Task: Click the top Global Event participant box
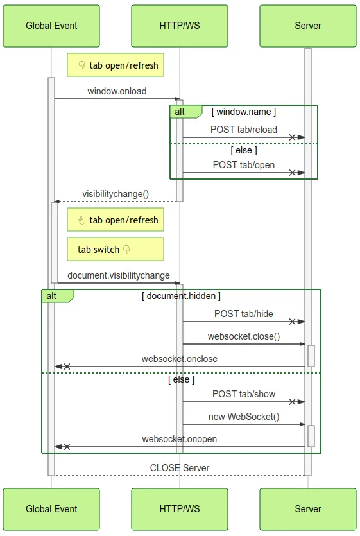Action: (51, 26)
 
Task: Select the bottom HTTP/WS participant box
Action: (180, 509)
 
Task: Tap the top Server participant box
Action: (307, 26)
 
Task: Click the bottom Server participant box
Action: (307, 509)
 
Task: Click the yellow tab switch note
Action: (116, 249)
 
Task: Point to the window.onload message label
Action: (117, 91)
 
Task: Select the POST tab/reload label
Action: (244, 130)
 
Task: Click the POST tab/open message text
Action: (244, 165)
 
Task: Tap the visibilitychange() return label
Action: (116, 194)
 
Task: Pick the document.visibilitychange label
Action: (119, 275)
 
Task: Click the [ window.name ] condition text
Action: (244, 112)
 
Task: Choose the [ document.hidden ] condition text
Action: (181, 296)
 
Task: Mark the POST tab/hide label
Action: (244, 313)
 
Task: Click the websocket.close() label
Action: (244, 336)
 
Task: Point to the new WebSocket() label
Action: (244, 417)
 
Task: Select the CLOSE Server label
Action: (180, 467)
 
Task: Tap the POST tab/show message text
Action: (244, 393)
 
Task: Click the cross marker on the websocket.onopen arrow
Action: (67, 447)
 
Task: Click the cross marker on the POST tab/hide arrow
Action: (293, 322)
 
